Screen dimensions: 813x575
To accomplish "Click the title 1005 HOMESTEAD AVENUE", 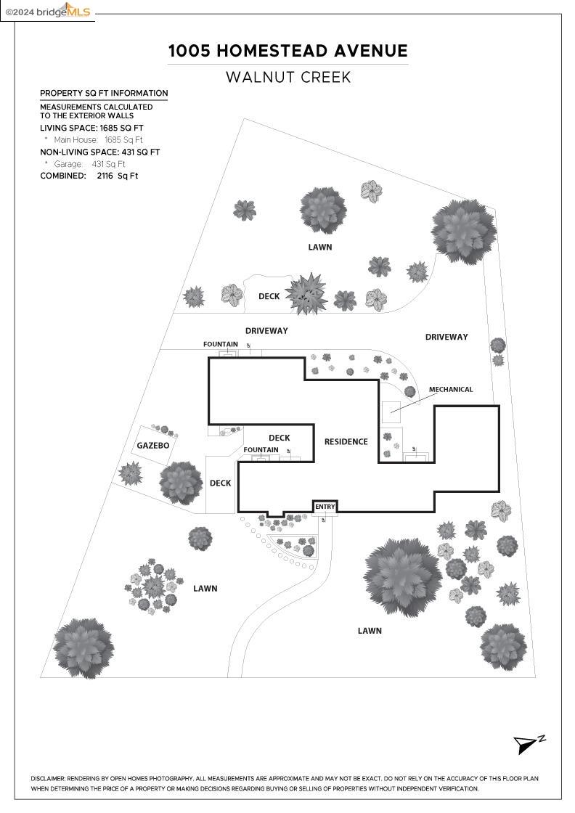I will (x=288, y=51).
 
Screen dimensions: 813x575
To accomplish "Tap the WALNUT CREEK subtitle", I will (x=288, y=77).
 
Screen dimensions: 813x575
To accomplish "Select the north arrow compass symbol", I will (x=529, y=744).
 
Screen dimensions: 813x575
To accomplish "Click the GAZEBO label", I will (x=153, y=446).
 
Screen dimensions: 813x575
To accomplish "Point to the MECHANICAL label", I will (x=451, y=390).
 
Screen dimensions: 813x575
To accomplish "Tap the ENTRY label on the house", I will (x=325, y=507).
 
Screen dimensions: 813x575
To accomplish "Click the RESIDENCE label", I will (x=346, y=441).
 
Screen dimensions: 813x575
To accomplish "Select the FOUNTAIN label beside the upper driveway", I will (x=221, y=344).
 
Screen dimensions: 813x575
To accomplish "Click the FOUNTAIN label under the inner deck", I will (x=261, y=450).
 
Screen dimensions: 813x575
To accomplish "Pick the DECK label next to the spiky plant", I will (x=269, y=296).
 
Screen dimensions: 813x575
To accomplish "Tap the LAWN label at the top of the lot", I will (x=319, y=247).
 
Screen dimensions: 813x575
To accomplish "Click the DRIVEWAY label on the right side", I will (x=446, y=337).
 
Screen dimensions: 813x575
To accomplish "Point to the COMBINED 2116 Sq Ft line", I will (x=89, y=176).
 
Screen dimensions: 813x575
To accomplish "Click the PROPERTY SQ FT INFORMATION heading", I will (x=104, y=93).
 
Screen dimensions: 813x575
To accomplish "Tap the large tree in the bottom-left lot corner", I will (x=84, y=648).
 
